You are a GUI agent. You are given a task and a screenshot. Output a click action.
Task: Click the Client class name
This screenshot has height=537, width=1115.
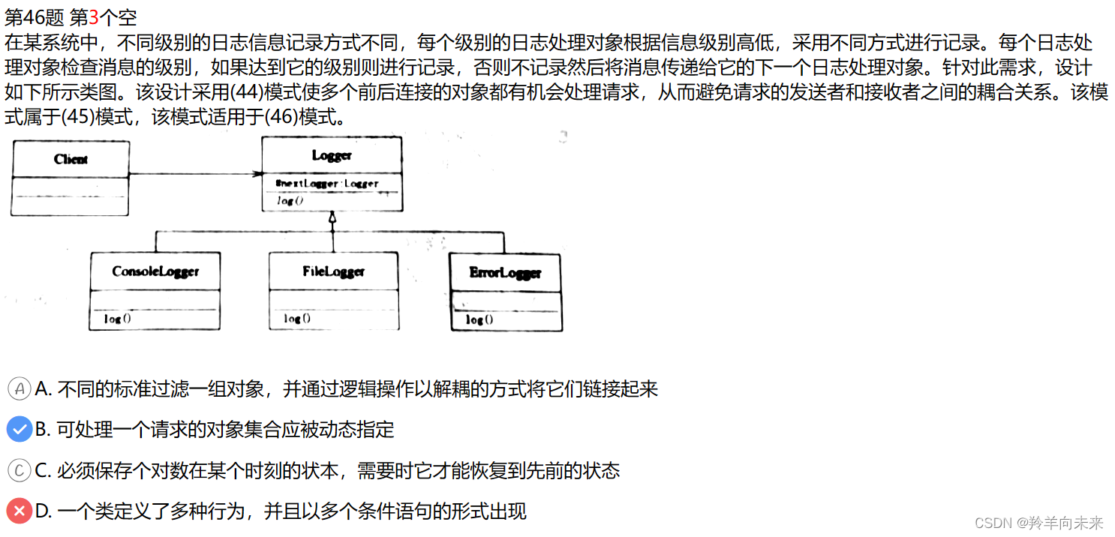click(71, 159)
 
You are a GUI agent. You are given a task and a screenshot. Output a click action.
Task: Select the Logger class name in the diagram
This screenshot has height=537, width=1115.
click(332, 155)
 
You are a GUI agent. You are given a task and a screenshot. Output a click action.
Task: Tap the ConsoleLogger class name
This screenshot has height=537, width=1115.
click(155, 271)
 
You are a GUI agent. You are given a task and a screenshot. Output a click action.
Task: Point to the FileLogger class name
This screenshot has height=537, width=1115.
click(334, 271)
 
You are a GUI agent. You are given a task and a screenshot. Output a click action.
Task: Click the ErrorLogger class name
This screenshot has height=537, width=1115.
click(505, 272)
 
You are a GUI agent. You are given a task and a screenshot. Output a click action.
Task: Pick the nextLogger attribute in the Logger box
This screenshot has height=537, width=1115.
click(327, 183)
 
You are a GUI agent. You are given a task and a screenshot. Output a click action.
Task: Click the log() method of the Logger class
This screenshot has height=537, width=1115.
click(290, 201)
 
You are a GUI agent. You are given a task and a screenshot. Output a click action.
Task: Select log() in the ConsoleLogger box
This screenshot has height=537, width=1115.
click(117, 319)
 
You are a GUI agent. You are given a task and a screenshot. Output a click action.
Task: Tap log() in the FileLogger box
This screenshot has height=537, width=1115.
click(297, 319)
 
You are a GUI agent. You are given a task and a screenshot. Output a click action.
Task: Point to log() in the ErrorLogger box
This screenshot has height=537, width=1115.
click(479, 319)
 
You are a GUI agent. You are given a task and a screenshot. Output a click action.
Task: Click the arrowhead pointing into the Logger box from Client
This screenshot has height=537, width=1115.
click(257, 175)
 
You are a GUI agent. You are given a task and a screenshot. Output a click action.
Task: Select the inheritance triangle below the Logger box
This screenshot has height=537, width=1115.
click(332, 217)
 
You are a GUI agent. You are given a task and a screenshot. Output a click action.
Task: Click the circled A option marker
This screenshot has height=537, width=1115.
click(19, 388)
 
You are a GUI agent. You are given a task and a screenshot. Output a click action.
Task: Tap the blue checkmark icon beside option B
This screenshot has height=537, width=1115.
click(19, 430)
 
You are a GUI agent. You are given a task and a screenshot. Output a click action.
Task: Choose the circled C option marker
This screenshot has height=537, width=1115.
click(19, 470)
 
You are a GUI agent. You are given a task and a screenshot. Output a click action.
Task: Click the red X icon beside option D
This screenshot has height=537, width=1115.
click(19, 511)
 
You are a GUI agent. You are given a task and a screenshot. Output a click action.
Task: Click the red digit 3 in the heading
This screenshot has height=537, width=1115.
click(94, 16)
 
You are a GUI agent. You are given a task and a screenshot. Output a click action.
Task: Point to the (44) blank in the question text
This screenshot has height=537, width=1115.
click(246, 93)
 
